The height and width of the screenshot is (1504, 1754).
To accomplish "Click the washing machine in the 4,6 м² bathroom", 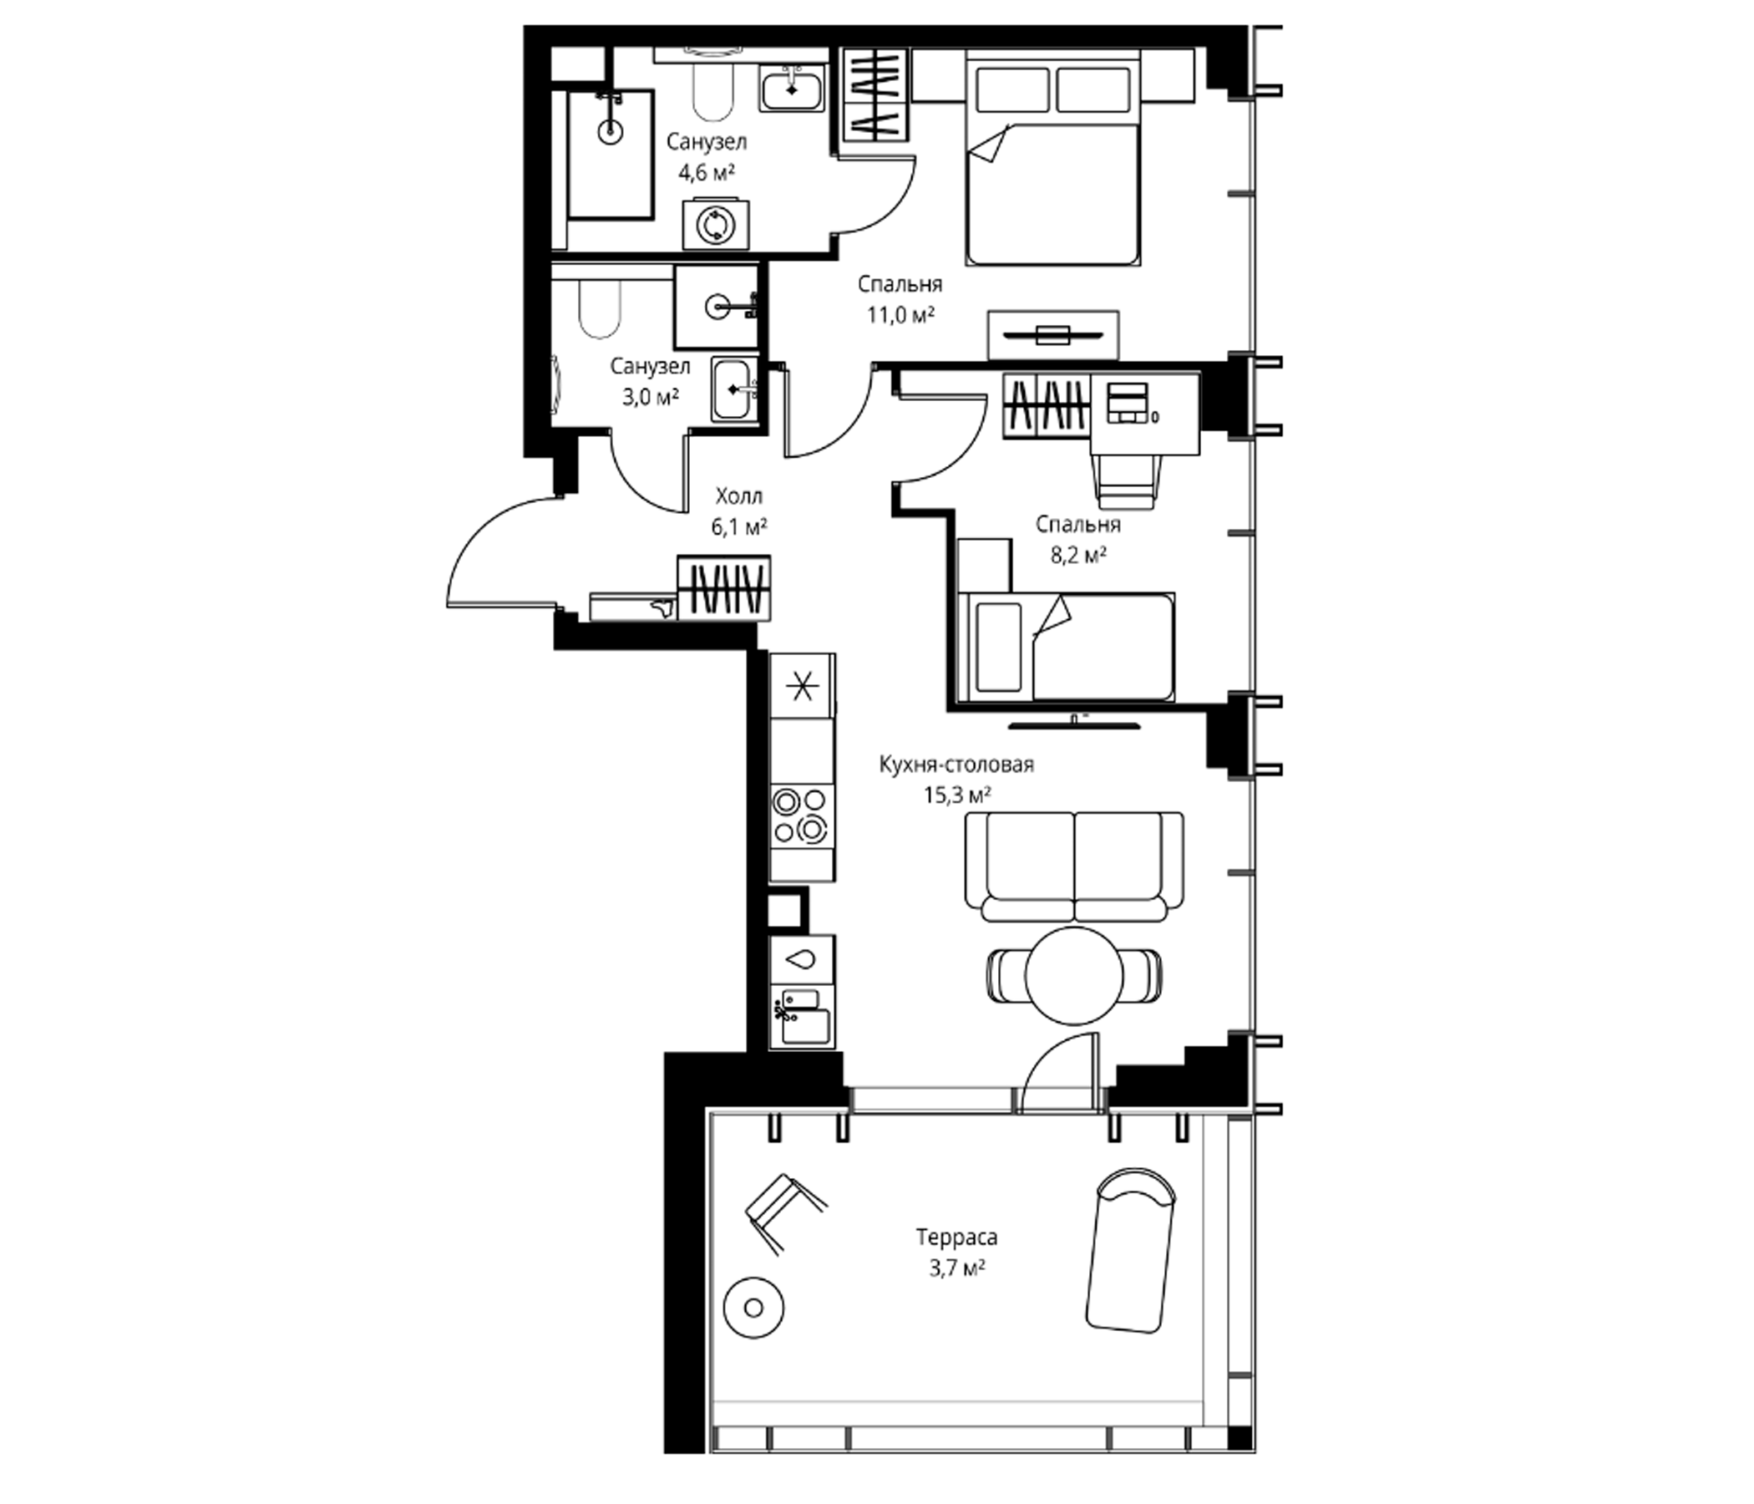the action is (x=716, y=225).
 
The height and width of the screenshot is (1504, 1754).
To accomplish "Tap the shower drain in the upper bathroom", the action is (x=610, y=131).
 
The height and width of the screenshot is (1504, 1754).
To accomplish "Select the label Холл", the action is (x=739, y=495).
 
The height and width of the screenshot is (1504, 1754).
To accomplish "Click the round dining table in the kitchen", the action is (x=1074, y=976).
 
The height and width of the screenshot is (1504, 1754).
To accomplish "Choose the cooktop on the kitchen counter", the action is (x=802, y=816).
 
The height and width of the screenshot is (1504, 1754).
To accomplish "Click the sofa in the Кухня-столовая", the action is (x=1074, y=866).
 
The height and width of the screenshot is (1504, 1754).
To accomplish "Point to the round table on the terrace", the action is (x=753, y=1308).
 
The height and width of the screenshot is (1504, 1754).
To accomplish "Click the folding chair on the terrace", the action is (x=784, y=1212).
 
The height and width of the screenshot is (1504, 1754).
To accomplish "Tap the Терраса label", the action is (x=956, y=1237).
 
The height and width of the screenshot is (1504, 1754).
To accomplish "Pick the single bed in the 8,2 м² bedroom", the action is (x=1067, y=647).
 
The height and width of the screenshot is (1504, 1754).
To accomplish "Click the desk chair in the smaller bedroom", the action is (x=1126, y=481).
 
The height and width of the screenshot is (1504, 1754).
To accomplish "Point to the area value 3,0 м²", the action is (x=651, y=397).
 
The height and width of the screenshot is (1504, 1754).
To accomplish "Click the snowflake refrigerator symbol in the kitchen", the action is (x=802, y=686).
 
